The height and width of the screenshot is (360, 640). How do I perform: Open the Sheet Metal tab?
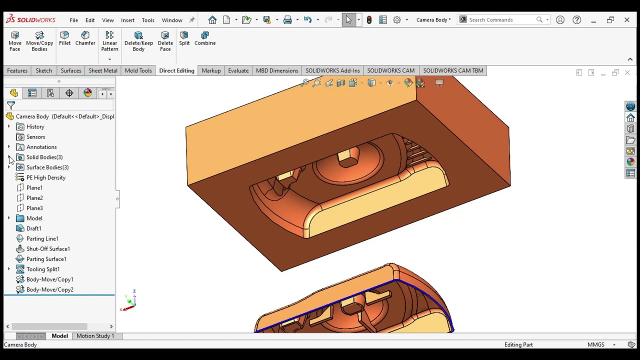pos(103,70)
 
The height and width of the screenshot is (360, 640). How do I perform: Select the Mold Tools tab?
pos(138,70)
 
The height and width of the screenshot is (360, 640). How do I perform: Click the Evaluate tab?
pos(238,70)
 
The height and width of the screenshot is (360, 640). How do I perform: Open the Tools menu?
pos(148,20)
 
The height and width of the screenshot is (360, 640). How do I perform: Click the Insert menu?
pos(127,20)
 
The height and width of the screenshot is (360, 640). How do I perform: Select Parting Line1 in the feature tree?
pos(42,238)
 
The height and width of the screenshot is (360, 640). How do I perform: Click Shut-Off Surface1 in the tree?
pos(48,249)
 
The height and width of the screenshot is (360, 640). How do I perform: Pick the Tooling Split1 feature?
pos(43,269)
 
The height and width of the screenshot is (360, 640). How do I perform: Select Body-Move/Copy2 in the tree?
pos(49,289)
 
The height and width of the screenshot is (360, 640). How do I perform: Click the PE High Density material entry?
pos(45,177)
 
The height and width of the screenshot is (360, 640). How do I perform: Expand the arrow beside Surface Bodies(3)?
pos(8,167)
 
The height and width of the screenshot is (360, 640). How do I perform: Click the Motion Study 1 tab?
pos(95,336)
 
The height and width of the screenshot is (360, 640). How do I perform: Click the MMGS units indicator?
pos(595,344)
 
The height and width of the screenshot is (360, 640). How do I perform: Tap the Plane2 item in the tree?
pos(34,198)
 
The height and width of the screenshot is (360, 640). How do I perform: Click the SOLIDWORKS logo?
pos(30,19)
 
